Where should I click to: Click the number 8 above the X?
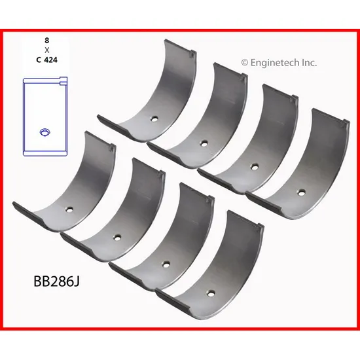[47, 41]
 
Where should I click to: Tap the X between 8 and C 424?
[47, 50]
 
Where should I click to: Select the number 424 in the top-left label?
[50, 60]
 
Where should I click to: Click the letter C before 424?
[39, 60]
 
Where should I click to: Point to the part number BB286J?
[56, 281]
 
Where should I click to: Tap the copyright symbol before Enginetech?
[245, 63]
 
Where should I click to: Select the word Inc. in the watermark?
[309, 62]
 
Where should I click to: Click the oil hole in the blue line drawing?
[45, 132]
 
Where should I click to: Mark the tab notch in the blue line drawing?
[63, 82]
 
